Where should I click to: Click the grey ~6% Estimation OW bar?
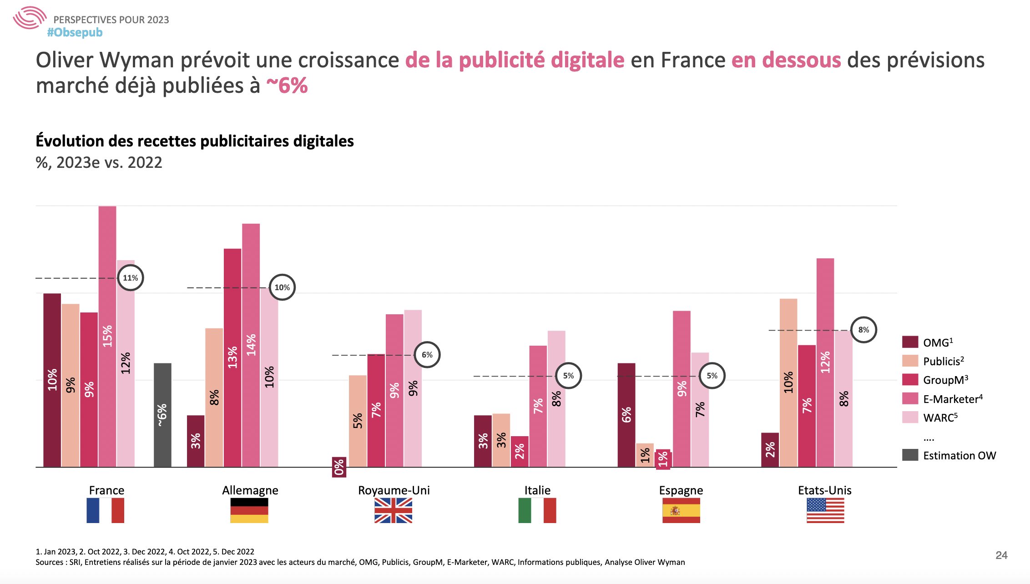pos(162,414)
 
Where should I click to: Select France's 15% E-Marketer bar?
pos(107,336)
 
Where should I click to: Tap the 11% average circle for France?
pos(131,278)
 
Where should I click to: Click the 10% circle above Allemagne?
pos(282,287)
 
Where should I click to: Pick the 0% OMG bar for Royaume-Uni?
pos(339,467)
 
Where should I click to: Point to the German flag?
pos(249,510)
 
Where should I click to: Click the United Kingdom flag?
pos(393,510)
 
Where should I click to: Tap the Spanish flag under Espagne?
pos(681,510)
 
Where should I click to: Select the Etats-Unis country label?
pos(824,490)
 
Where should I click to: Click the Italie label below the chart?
pos(537,490)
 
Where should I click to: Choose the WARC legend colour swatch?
pos(910,418)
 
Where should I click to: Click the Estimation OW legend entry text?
pos(959,455)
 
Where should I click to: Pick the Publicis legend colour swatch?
pos(910,361)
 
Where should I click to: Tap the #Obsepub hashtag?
pos(75,33)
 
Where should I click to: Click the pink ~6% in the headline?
pos(287,86)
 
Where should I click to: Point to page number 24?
pos(1001,555)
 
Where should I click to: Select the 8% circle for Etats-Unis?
pos(863,330)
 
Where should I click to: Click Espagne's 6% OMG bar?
pos(626,414)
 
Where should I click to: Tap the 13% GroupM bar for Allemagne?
pos(232,357)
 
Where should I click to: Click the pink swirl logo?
pos(30,18)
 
